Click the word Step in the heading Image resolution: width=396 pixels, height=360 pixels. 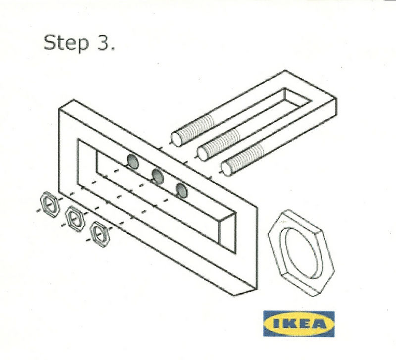[x=66, y=44]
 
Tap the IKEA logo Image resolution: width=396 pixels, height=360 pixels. [x=299, y=324]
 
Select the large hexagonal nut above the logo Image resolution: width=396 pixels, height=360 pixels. [x=301, y=253]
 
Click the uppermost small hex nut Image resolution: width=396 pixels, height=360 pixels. [x=50, y=205]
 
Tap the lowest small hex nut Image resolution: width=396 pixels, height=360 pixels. [x=100, y=234]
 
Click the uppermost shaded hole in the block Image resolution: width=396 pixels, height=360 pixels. [x=133, y=161]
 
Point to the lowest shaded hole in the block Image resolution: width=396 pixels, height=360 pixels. [x=182, y=190]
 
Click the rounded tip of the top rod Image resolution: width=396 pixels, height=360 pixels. [x=176, y=140]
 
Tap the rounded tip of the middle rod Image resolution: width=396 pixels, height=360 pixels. [x=202, y=154]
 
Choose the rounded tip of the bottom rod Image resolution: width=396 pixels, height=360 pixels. [x=226, y=169]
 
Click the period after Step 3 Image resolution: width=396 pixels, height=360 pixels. [x=112, y=49]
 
